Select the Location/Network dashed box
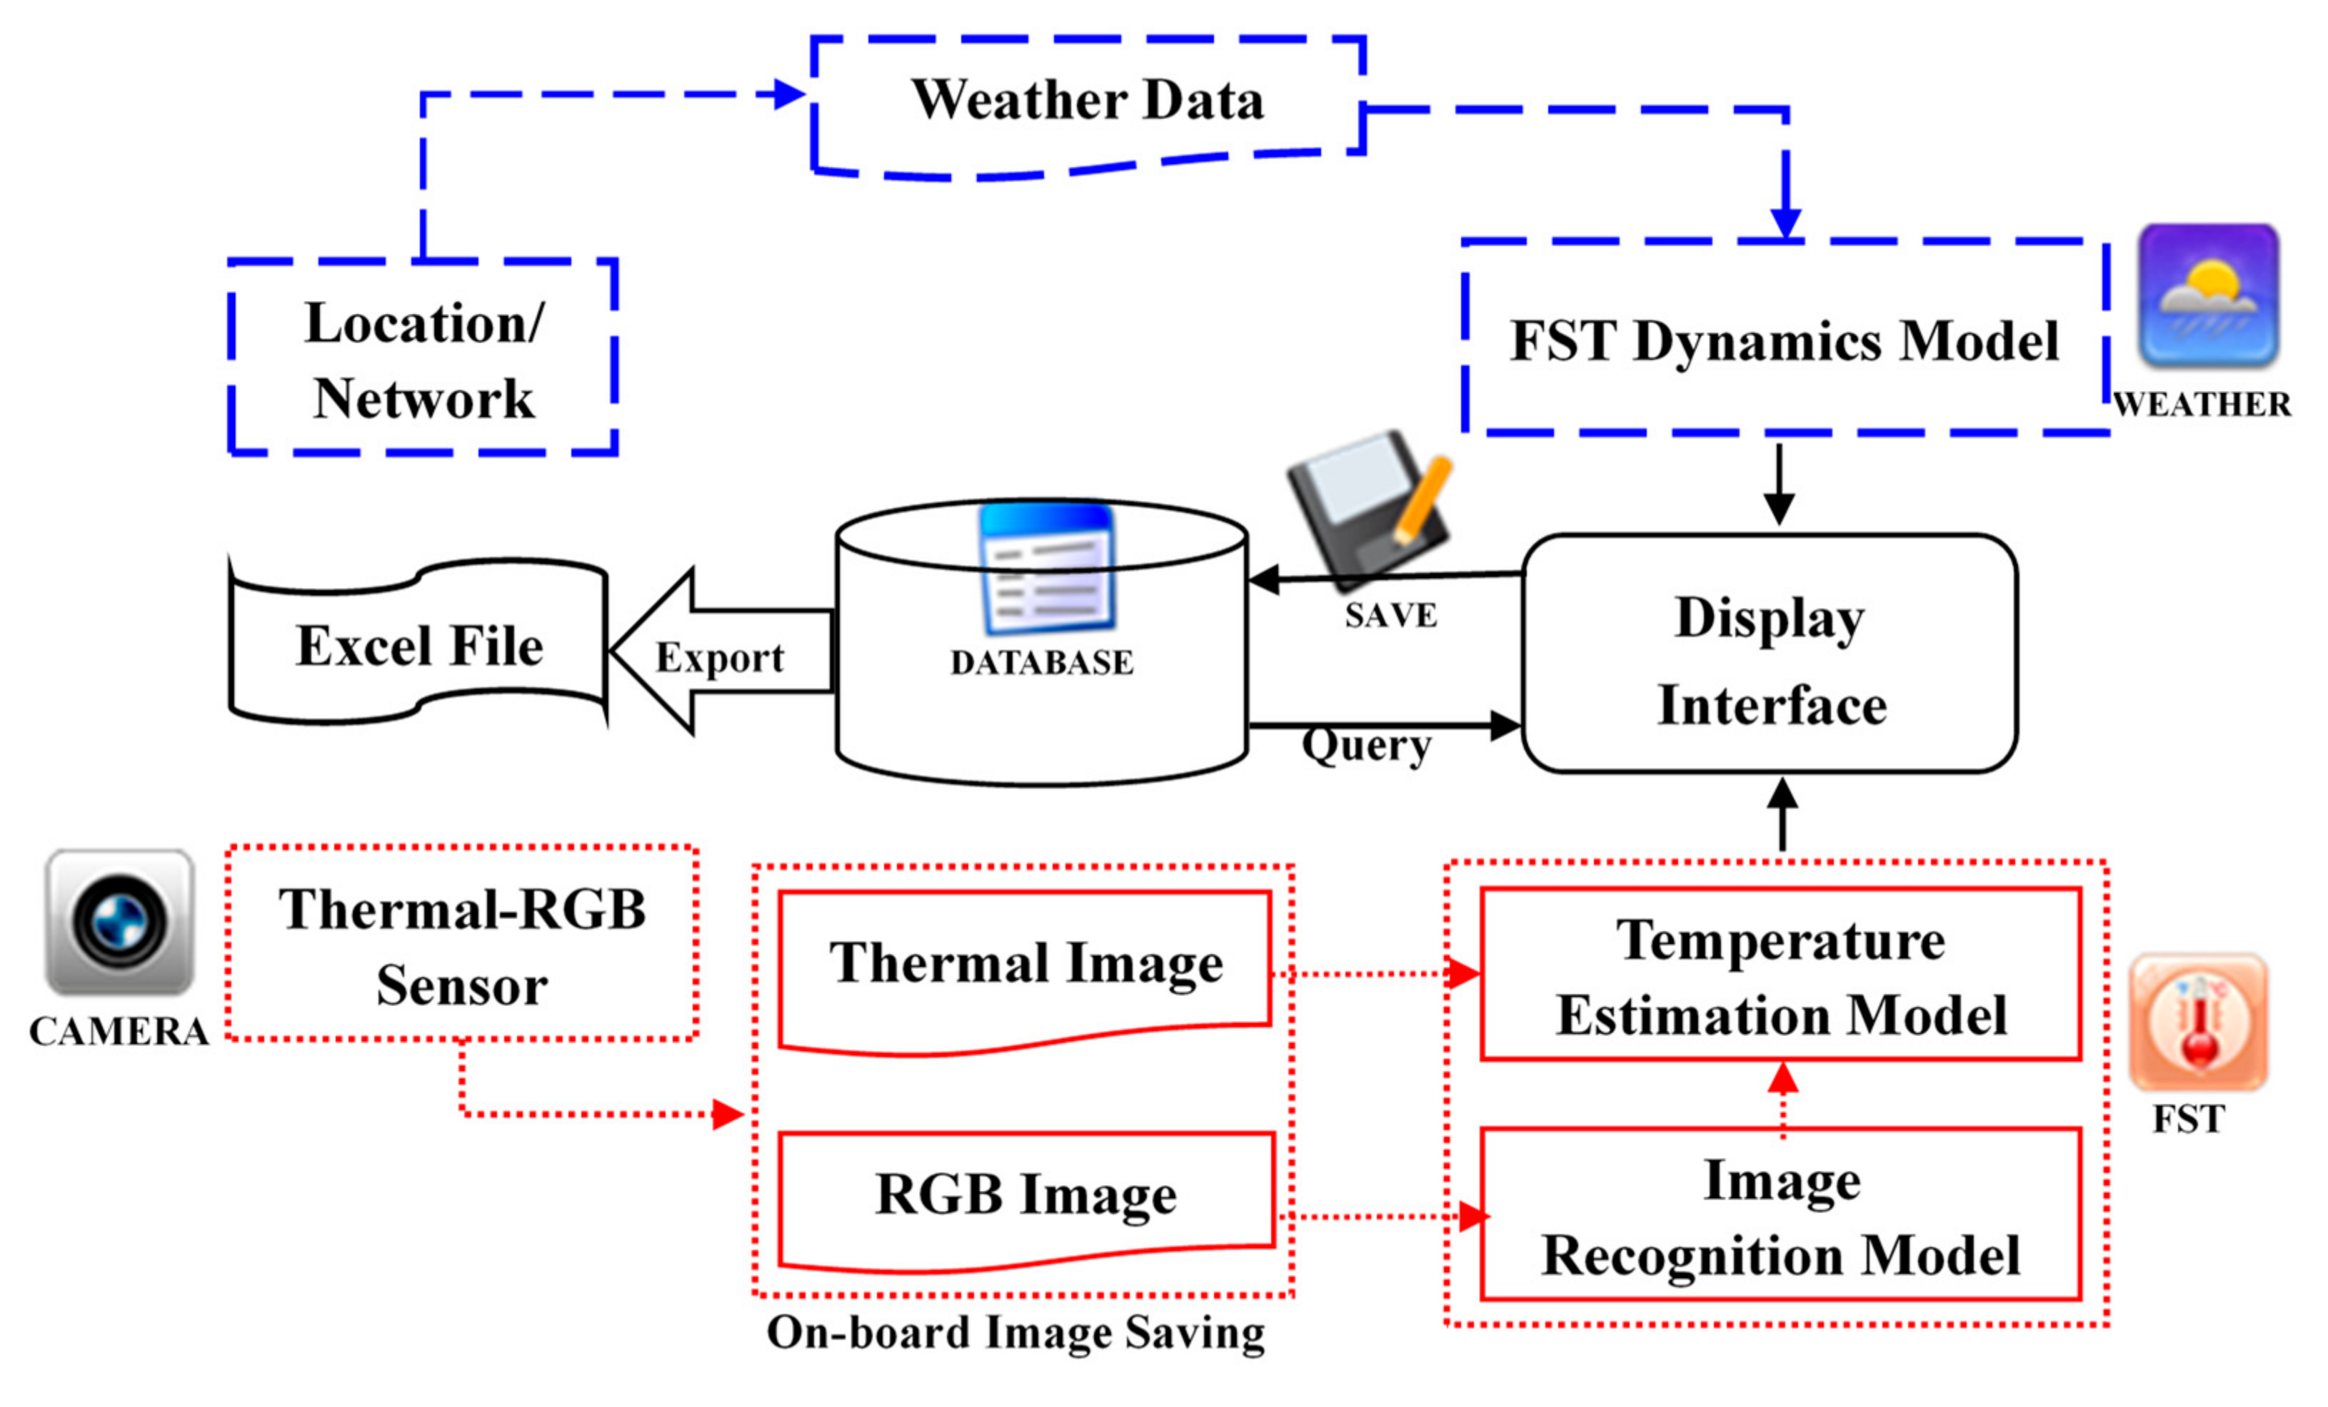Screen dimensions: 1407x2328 [423, 359]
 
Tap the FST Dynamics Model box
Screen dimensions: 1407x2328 [1784, 340]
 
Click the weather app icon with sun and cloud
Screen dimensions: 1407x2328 [2208, 295]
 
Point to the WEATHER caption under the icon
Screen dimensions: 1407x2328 [2202, 404]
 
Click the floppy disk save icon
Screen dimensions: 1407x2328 [1369, 505]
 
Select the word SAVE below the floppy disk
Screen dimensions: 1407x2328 [1391, 616]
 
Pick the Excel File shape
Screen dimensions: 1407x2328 [418, 647]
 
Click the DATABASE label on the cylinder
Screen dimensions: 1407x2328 [1041, 663]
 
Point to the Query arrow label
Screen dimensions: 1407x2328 [1366, 746]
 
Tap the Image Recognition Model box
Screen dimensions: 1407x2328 [1780, 1216]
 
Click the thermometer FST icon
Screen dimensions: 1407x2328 [2197, 1022]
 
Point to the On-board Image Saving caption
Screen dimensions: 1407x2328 [1015, 1334]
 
